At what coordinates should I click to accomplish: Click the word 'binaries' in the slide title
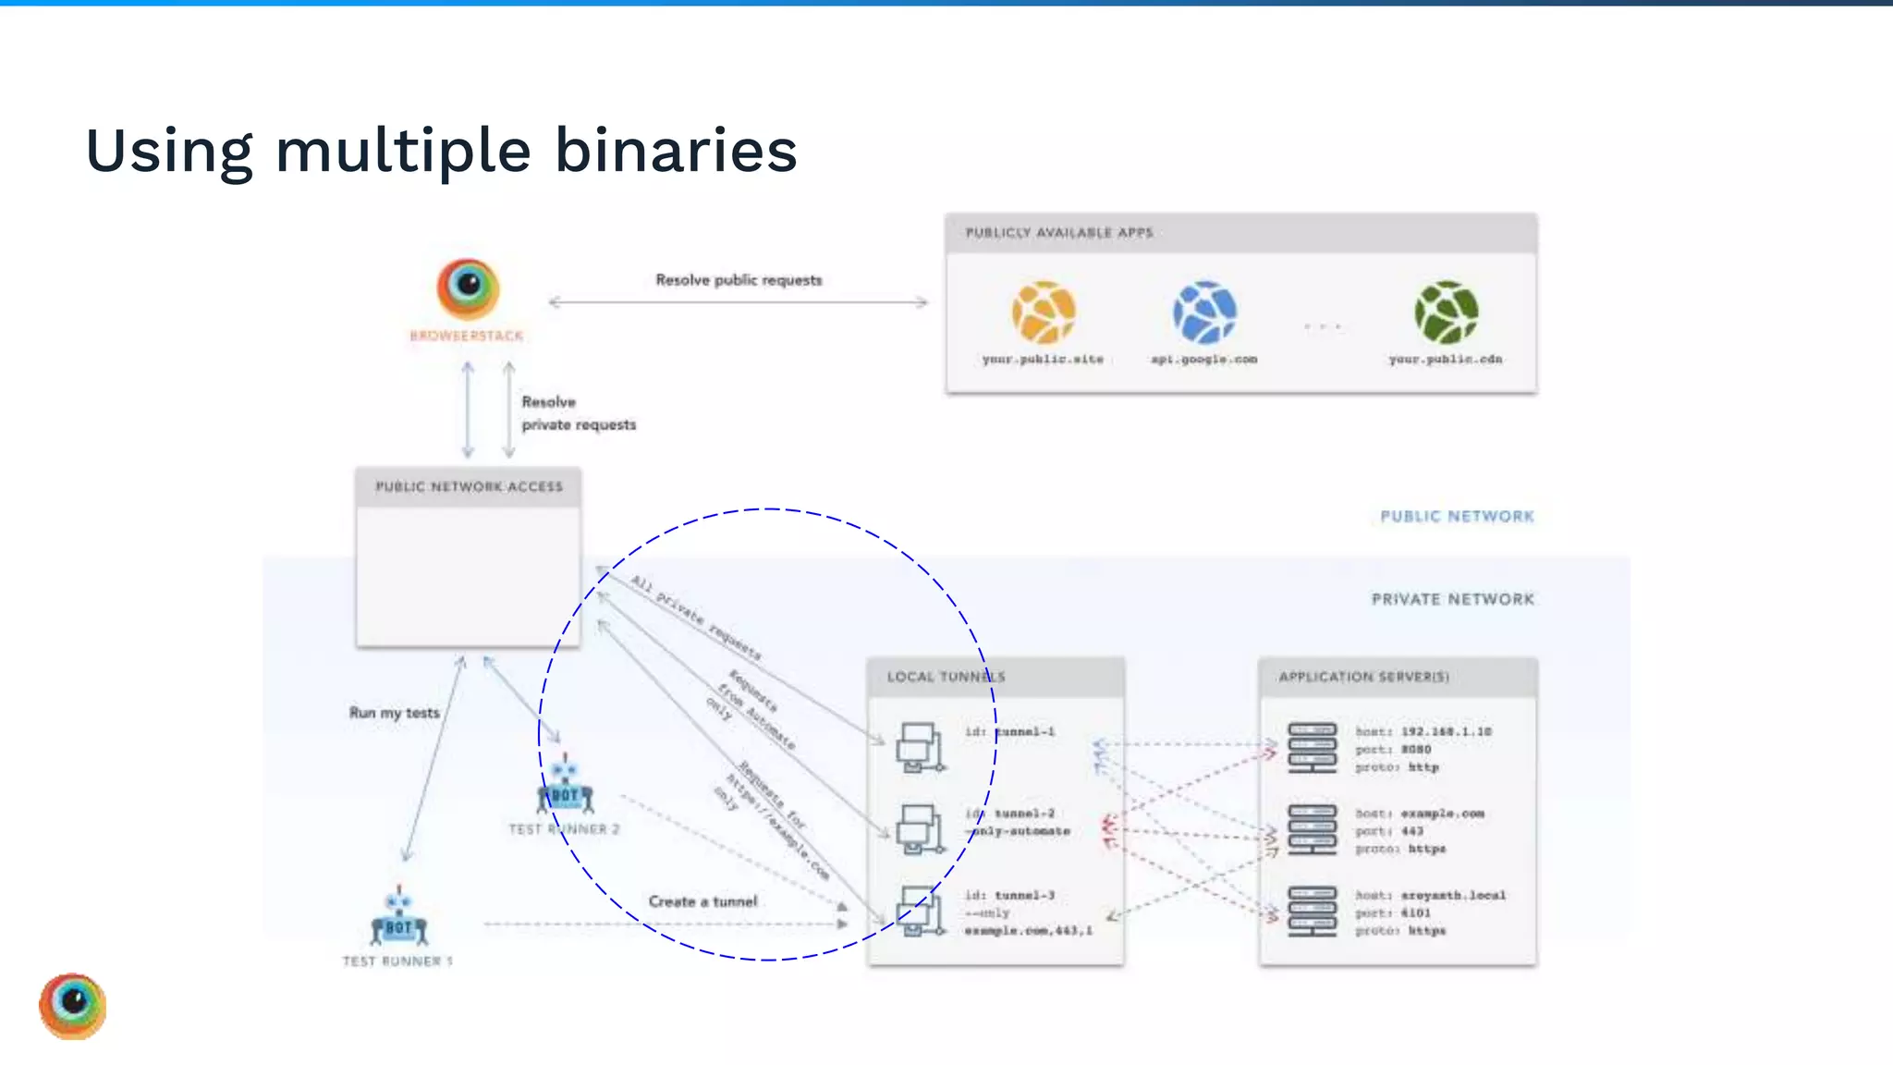(x=676, y=151)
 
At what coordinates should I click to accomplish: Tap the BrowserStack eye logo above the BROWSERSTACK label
(x=468, y=288)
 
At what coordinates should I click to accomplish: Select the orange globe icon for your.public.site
(x=1044, y=312)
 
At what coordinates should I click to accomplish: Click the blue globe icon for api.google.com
(x=1204, y=312)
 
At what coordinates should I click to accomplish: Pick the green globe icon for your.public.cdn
(x=1446, y=312)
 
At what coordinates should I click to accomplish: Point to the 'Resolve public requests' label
(x=739, y=280)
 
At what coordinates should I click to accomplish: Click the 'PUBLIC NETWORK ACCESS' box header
(x=469, y=486)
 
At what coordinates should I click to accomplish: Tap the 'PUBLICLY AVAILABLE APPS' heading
(x=1059, y=233)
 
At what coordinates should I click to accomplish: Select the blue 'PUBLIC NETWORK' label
(x=1457, y=517)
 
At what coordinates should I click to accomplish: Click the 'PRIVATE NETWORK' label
(x=1452, y=600)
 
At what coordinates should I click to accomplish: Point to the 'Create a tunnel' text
(x=702, y=901)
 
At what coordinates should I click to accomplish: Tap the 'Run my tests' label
(x=395, y=713)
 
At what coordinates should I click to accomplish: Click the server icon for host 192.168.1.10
(x=1312, y=747)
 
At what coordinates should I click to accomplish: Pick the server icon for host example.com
(x=1312, y=829)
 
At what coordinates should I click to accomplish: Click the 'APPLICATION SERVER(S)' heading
(x=1363, y=677)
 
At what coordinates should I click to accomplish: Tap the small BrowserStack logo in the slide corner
(x=73, y=1006)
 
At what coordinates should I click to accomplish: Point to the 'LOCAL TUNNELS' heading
(x=946, y=677)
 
